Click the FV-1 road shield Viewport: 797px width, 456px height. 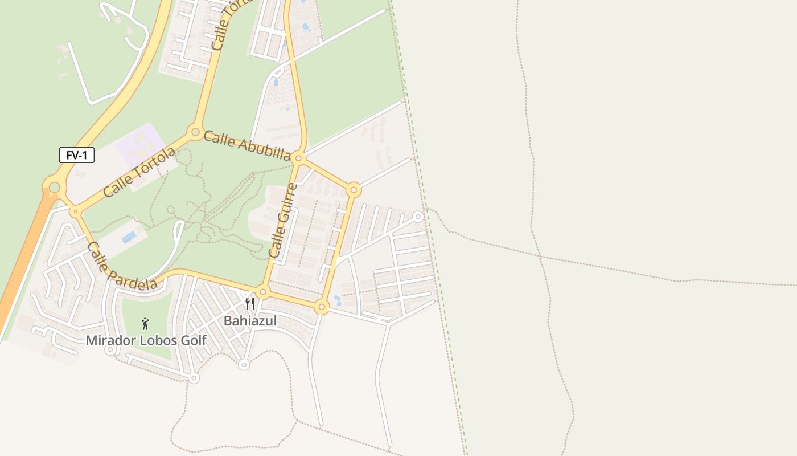pyautogui.click(x=76, y=155)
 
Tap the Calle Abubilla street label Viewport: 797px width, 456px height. pyautogui.click(x=247, y=145)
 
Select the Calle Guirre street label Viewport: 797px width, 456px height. pyautogui.click(x=283, y=221)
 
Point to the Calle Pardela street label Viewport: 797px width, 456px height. pyautogui.click(x=122, y=266)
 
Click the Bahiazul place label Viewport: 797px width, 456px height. pyautogui.click(x=250, y=321)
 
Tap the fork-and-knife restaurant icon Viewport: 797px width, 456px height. pyautogui.click(x=249, y=303)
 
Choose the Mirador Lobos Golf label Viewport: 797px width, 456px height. pyautogui.click(x=146, y=341)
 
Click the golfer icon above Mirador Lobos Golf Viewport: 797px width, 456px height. pyautogui.click(x=145, y=324)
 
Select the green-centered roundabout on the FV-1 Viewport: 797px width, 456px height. pyautogui.click(x=54, y=187)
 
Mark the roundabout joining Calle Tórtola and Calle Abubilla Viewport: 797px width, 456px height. pyautogui.click(x=195, y=133)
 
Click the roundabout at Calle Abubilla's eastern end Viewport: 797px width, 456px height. pyautogui.click(x=298, y=158)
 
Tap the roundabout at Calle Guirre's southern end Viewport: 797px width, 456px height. pyautogui.click(x=262, y=292)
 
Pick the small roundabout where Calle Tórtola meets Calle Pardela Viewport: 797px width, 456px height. pyautogui.click(x=75, y=212)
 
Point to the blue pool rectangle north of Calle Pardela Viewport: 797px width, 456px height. pyautogui.click(x=129, y=237)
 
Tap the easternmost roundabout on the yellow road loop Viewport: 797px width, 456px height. pyautogui.click(x=354, y=190)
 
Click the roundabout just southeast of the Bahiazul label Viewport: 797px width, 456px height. pyautogui.click(x=322, y=308)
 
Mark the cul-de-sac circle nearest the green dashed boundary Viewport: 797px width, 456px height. pyautogui.click(x=418, y=217)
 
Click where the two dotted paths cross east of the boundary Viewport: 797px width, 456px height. pyautogui.click(x=540, y=256)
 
